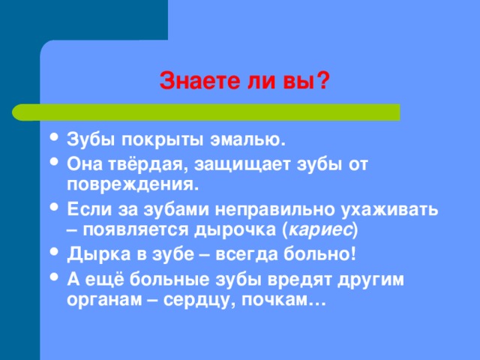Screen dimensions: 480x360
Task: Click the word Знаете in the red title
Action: pos(199,81)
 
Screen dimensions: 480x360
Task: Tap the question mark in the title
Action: pos(322,80)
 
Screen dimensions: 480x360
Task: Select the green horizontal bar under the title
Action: pos(206,112)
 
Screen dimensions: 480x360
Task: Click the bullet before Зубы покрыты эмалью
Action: pos(54,136)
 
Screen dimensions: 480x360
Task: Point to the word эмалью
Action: pos(247,140)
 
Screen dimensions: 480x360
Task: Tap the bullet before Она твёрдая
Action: pos(54,161)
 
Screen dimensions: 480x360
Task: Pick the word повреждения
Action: pos(133,185)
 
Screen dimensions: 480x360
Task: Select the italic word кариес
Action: pos(320,230)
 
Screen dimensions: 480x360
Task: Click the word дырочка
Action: pos(235,230)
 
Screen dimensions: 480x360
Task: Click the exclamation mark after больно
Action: pos(353,253)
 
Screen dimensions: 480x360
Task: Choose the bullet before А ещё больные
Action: pos(54,277)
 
